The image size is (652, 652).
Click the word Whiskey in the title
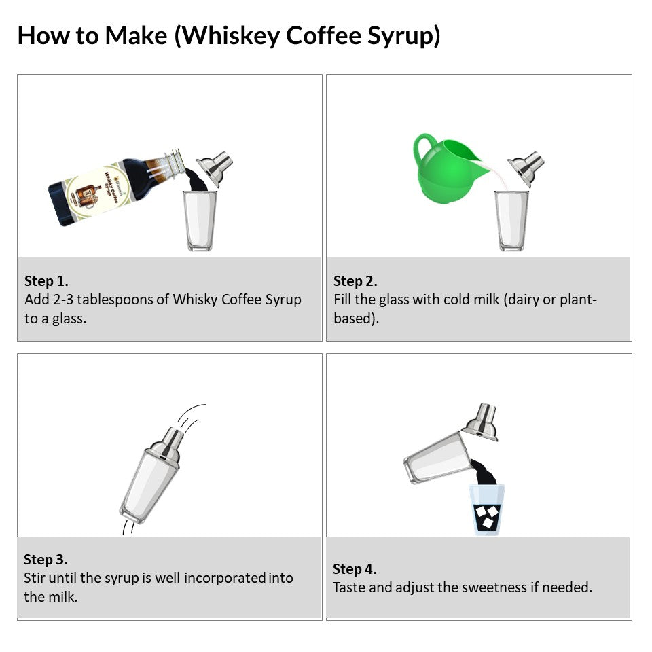[230, 35]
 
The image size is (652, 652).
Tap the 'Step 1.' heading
[46, 281]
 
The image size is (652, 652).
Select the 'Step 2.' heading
[355, 281]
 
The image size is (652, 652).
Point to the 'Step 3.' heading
[46, 560]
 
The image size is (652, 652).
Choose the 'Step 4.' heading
[355, 569]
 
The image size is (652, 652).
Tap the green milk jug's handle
[424, 149]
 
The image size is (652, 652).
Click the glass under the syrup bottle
[200, 220]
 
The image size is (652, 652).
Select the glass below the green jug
[511, 220]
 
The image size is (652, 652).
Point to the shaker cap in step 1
[215, 168]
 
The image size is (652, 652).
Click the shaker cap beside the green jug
[526, 168]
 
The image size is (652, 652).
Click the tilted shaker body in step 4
[437, 457]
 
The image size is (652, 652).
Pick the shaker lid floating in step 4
[481, 421]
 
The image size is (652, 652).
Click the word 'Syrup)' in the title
[403, 36]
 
